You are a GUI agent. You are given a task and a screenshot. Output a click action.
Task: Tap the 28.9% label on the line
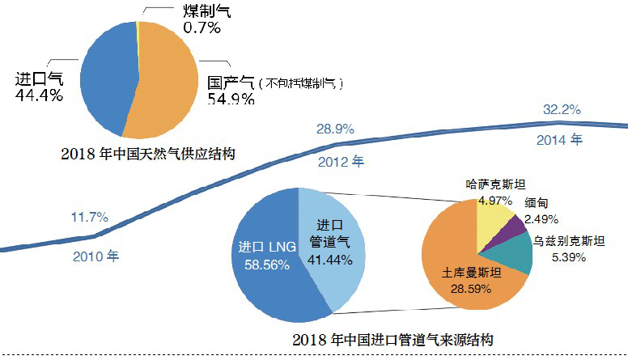(x=334, y=128)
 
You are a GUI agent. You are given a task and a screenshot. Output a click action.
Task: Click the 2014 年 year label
(x=559, y=139)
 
